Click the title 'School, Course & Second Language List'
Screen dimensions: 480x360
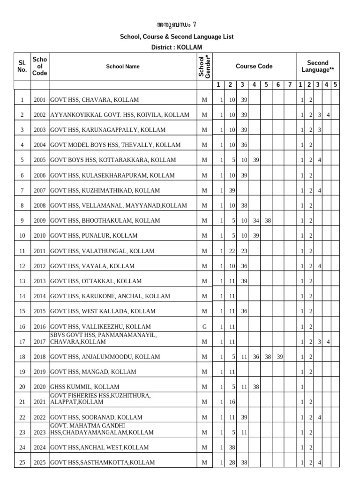point(177,37)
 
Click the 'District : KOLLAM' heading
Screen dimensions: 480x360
point(177,47)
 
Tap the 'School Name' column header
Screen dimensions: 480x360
point(123,67)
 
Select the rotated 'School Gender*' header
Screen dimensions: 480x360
point(204,66)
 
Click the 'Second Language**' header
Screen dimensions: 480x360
point(317,66)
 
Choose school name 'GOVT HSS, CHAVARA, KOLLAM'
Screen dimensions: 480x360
point(94,100)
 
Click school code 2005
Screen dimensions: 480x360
point(40,160)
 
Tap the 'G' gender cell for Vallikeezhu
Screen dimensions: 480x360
point(204,327)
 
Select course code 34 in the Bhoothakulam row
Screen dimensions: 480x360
point(255,220)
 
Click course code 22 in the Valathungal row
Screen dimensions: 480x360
point(232,251)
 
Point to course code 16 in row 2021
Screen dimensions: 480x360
point(232,402)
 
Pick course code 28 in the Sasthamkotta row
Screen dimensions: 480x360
point(232,463)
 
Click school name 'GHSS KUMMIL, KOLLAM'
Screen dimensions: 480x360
point(84,387)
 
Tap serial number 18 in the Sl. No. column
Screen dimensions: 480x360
point(22,357)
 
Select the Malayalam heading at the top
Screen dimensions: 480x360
point(176,25)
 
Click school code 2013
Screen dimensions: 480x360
point(40,281)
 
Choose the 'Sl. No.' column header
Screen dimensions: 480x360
point(22,66)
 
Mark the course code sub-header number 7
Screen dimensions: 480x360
point(290,85)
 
